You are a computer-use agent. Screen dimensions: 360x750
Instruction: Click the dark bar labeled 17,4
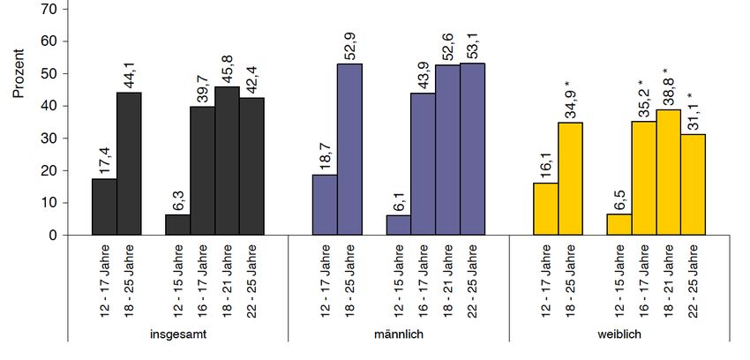coord(104,207)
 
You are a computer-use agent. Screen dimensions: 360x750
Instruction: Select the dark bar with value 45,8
coord(228,161)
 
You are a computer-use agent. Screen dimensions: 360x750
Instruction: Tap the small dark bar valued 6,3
coord(178,225)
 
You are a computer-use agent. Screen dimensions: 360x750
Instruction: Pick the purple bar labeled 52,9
coord(350,150)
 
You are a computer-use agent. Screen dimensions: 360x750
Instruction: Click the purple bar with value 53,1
coord(473,149)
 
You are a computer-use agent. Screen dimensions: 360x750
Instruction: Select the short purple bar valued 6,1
coord(399,225)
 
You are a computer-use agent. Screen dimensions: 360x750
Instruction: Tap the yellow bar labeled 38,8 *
coord(669,172)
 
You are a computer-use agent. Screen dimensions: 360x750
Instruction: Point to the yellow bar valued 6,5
coord(619,225)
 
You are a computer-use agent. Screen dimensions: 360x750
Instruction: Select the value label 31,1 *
coord(694,111)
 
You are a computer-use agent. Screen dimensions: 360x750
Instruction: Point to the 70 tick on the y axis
coord(49,9)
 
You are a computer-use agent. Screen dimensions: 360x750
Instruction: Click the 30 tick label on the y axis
coord(49,139)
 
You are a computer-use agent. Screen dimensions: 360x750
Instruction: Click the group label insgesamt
coord(178,335)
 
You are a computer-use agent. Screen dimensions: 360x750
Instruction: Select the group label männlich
coord(399,335)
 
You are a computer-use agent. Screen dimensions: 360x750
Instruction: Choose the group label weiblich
coord(619,335)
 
